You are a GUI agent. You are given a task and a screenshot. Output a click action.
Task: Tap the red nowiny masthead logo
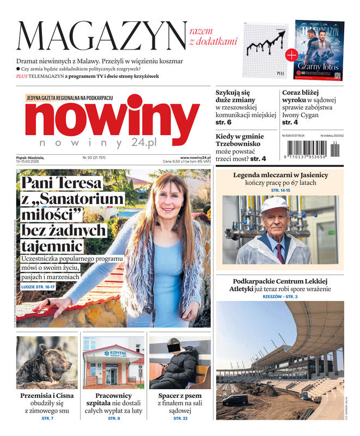click(x=112, y=119)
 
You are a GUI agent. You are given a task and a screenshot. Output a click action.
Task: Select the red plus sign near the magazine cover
click(x=291, y=55)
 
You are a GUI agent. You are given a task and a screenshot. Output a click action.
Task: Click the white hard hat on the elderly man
click(x=274, y=204)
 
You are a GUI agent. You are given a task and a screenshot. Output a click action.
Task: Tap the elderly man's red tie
click(x=279, y=253)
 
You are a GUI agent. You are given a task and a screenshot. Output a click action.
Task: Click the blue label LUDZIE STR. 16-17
click(x=38, y=287)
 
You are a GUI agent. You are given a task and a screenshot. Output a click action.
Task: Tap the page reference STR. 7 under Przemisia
click(x=47, y=418)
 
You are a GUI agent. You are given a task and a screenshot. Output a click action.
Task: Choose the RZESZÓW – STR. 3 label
click(x=280, y=296)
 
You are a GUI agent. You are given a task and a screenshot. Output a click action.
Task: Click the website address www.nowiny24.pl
click(x=195, y=158)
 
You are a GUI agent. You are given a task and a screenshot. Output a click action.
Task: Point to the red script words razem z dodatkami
click(x=213, y=35)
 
